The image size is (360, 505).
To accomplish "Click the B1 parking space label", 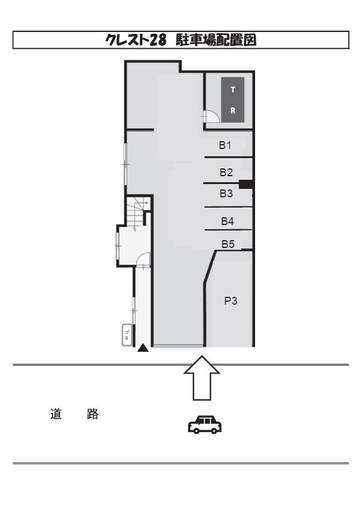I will (x=225, y=145).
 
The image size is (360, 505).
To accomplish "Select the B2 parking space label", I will (x=226, y=173).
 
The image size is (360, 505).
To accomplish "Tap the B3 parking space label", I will (x=226, y=194).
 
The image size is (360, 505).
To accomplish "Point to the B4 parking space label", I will (x=227, y=221).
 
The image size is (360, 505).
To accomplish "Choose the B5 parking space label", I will (x=227, y=244).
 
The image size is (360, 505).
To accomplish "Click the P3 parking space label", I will (x=232, y=302).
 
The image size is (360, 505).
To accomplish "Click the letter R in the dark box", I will (x=233, y=111).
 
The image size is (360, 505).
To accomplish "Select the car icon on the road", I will (x=204, y=424).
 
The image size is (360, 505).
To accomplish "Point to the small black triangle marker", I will (x=143, y=348).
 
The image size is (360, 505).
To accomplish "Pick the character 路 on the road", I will (x=91, y=416).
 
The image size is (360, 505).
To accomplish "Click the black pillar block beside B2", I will (x=245, y=183).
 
